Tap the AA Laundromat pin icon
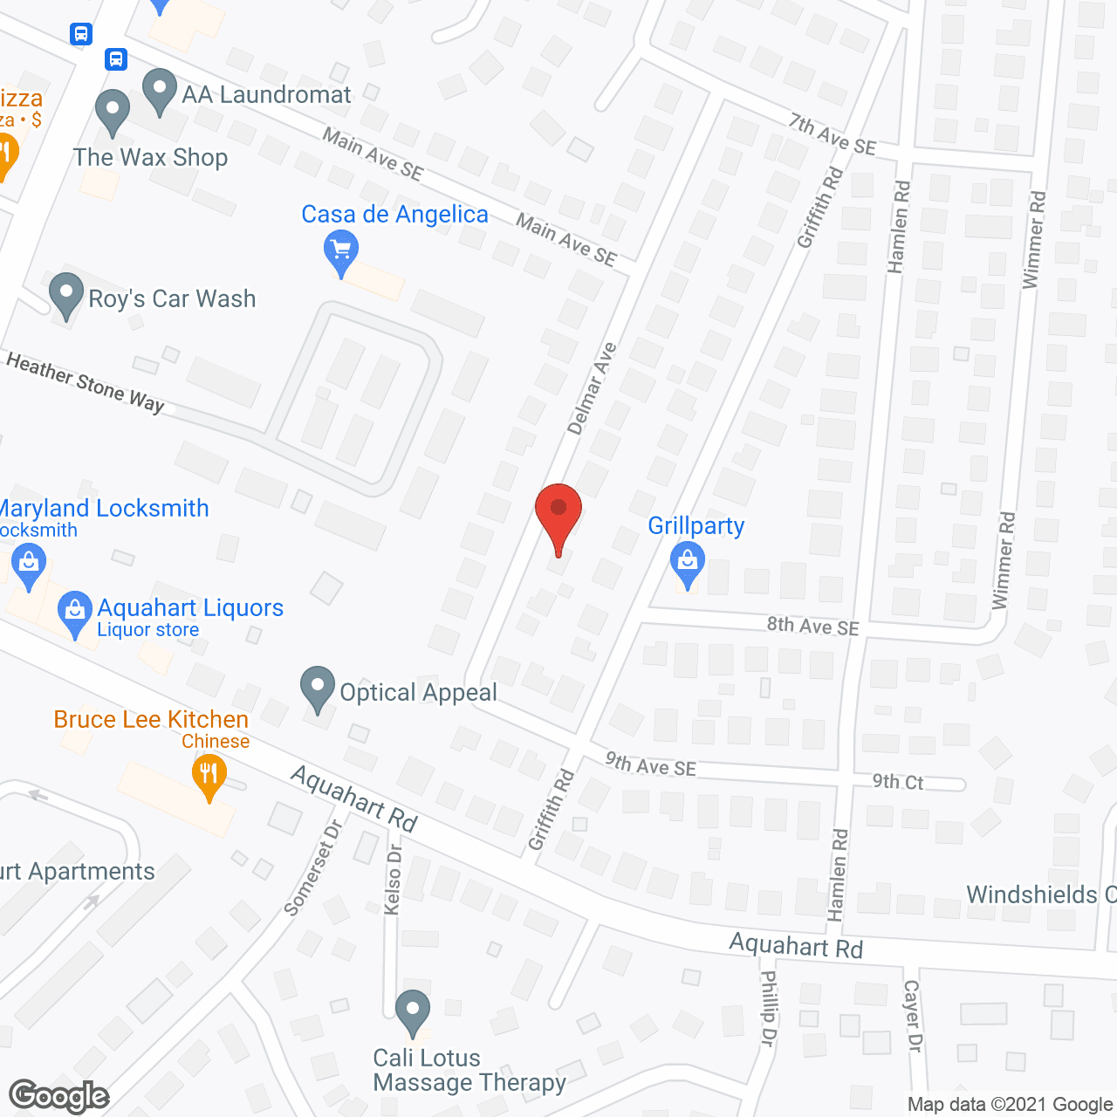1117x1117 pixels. pos(159,91)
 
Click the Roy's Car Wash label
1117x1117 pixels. pos(172,298)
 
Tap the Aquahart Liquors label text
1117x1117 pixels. pos(190,607)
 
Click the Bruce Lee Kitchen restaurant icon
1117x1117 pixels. pos(209,775)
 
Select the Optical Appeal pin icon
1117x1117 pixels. pos(318,689)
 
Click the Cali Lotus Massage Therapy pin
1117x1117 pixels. pos(413,1012)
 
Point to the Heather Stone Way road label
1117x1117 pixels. pos(85,381)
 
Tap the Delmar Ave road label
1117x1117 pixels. pos(592,388)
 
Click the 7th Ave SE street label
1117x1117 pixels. pos(832,134)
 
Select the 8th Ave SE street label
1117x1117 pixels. pos(812,626)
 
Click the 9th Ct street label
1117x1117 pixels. pos(898,782)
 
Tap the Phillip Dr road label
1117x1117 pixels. pos(768,1008)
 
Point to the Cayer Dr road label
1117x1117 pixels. pos(912,1015)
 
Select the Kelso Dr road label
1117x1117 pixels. pos(394,880)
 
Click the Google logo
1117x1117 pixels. pos(59,1096)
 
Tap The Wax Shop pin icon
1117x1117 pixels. pos(112,112)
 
